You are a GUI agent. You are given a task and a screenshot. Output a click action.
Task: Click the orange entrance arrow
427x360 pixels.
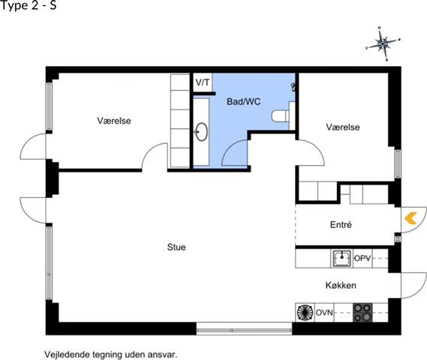(410, 218)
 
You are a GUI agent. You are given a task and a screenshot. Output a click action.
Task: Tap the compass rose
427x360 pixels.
(383, 43)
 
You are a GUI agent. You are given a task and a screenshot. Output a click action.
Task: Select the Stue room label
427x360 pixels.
(176, 247)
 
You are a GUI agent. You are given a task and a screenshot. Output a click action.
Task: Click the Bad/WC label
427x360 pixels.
(244, 101)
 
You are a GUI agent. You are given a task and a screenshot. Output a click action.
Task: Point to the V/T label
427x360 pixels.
(203, 82)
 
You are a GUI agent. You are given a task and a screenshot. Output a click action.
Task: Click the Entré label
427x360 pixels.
(341, 224)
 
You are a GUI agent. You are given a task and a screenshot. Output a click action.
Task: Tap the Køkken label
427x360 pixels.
(341, 285)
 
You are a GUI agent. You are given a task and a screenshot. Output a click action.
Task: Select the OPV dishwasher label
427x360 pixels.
(362, 258)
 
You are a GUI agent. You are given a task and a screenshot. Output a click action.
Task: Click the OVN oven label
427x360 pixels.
(324, 313)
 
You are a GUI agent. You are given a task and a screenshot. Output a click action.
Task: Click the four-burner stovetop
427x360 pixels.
(362, 313)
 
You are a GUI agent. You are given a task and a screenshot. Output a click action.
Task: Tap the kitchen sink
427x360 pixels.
(341, 259)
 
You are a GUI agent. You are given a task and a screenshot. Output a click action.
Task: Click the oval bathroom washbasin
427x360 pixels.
(201, 132)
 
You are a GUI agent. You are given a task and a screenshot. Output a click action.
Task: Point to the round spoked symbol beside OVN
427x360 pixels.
(305, 313)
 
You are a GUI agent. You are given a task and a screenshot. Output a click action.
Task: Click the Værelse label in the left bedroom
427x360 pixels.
(114, 121)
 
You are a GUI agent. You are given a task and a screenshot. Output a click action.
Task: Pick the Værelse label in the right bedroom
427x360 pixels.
(343, 127)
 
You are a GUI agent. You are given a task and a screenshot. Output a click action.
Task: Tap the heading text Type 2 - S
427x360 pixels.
(29, 6)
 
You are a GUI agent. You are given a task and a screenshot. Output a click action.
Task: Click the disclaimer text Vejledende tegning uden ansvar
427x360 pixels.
(111, 355)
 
